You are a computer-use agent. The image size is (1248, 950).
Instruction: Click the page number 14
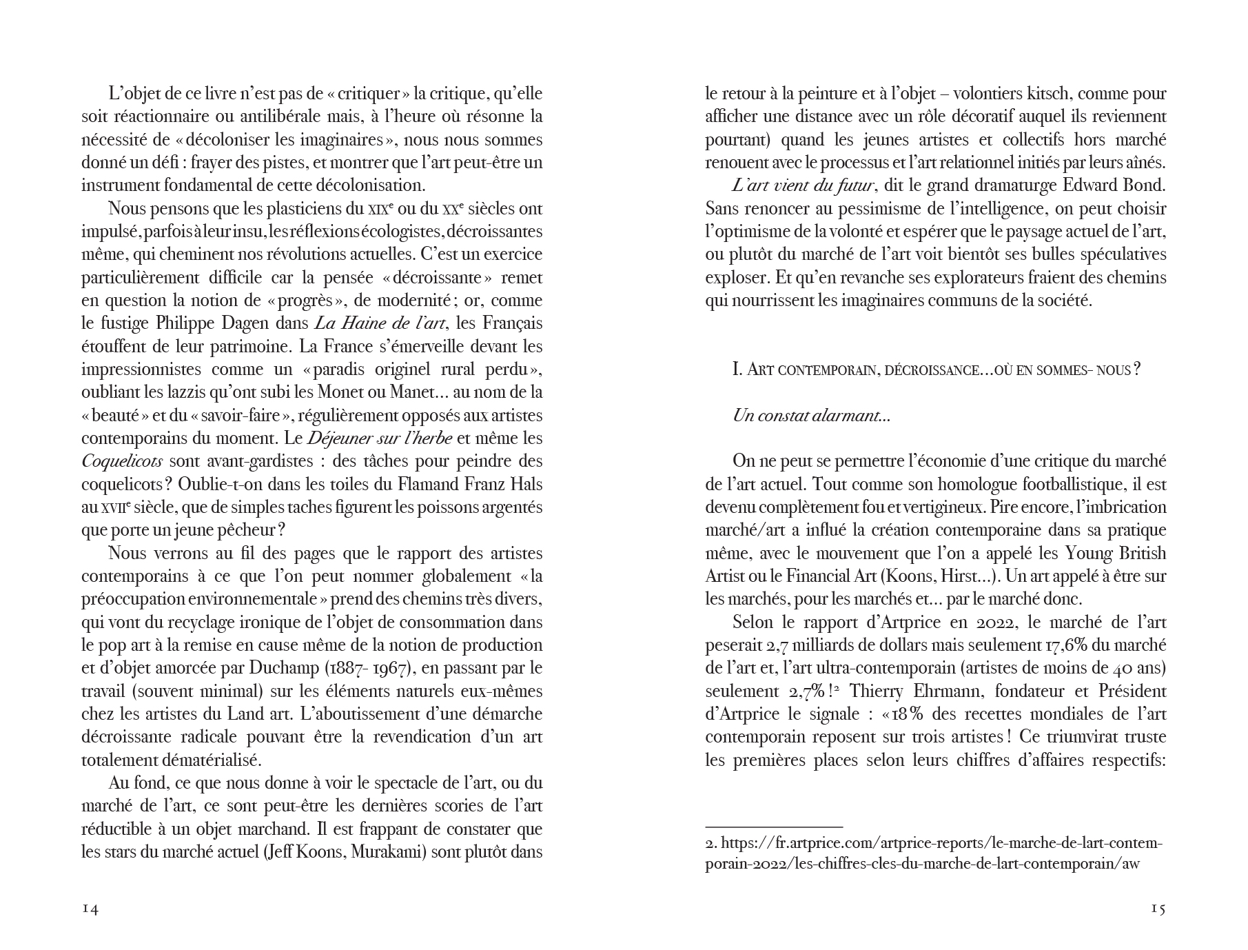[x=90, y=909]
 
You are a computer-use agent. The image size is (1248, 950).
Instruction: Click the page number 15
[x=1158, y=909]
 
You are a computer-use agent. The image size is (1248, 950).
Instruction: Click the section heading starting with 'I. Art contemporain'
[x=937, y=370]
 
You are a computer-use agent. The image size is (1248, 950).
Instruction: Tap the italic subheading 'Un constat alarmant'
[x=811, y=416]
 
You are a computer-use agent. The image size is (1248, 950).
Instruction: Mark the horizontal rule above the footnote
[x=774, y=826]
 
